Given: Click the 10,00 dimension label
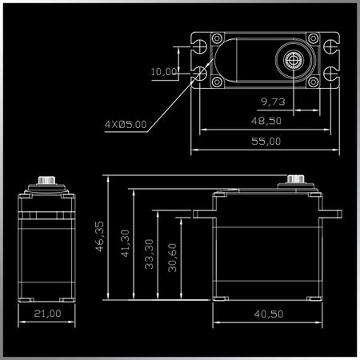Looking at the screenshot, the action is point(164,71).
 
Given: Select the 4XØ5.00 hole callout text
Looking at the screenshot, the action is point(126,124).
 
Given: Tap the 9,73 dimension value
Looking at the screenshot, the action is point(273,102).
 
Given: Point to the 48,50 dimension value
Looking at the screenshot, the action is point(266,121).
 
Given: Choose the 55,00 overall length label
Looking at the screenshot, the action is point(266,141).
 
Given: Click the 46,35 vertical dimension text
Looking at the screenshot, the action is point(99,236).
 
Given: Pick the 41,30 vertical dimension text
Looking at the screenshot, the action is point(125,243).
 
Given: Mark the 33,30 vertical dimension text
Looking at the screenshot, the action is point(149,254).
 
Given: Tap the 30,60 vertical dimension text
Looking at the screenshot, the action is point(172,258).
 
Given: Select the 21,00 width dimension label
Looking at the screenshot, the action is point(47,314).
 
